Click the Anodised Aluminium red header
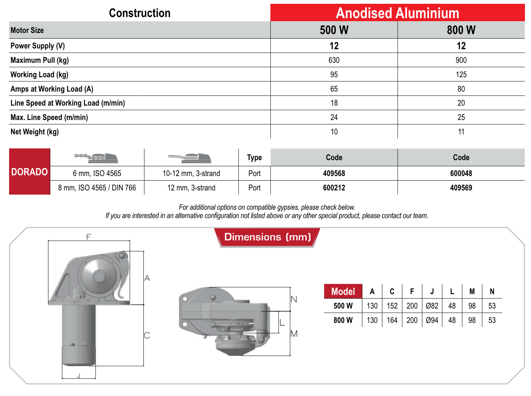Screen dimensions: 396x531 coord(397,13)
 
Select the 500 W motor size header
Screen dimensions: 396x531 coord(334,30)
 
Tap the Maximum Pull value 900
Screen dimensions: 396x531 coord(461,60)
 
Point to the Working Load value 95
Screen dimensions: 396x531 coord(334,75)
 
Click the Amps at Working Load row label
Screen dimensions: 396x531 coord(52,89)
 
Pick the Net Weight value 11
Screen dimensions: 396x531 coord(461,132)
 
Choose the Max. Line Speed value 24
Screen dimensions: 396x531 coord(334,117)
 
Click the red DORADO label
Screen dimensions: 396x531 coord(29,172)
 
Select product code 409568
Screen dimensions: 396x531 coord(334,173)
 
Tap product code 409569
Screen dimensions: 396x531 coord(461,188)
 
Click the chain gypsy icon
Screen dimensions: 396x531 coord(96,157)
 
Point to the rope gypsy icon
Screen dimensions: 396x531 coord(190,157)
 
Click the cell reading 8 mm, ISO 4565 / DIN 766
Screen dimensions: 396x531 coord(97,188)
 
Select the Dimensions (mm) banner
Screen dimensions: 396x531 coord(267,237)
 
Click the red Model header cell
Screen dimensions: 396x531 coord(343,292)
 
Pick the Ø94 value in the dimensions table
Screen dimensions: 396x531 coord(432,320)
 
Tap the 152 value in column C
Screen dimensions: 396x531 coord(392,306)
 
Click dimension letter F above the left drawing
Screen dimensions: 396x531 coord(89,237)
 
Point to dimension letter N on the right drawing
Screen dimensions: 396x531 coord(294,299)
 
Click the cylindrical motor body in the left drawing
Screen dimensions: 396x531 coord(79,333)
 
